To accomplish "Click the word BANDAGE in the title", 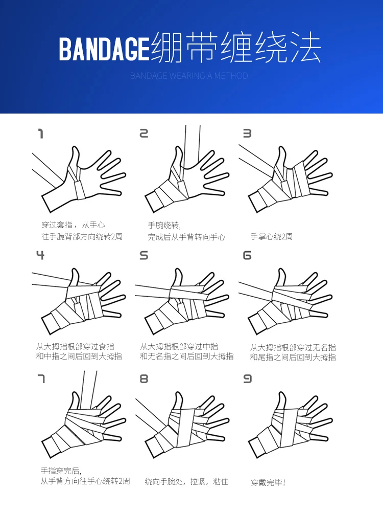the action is tap(104, 49).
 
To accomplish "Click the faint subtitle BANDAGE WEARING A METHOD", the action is tap(189, 76).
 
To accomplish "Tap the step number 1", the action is tap(41, 133).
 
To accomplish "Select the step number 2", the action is tap(143, 133).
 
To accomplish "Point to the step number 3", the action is tap(247, 133).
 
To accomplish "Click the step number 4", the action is tap(40, 255).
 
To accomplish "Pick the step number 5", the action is tap(143, 255).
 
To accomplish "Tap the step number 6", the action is tap(247, 255).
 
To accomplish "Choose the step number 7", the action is tap(41, 379).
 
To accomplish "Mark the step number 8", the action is tap(143, 379).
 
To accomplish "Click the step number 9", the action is tap(247, 379).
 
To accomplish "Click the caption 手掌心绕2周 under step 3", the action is tap(272, 236).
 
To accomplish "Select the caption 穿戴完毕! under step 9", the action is tap(268, 482).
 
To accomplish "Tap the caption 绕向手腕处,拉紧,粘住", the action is tap(186, 482).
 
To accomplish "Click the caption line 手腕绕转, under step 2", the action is tap(164, 225).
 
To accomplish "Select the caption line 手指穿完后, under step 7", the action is tap(61, 471).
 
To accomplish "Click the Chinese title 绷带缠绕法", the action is tap(235, 48).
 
